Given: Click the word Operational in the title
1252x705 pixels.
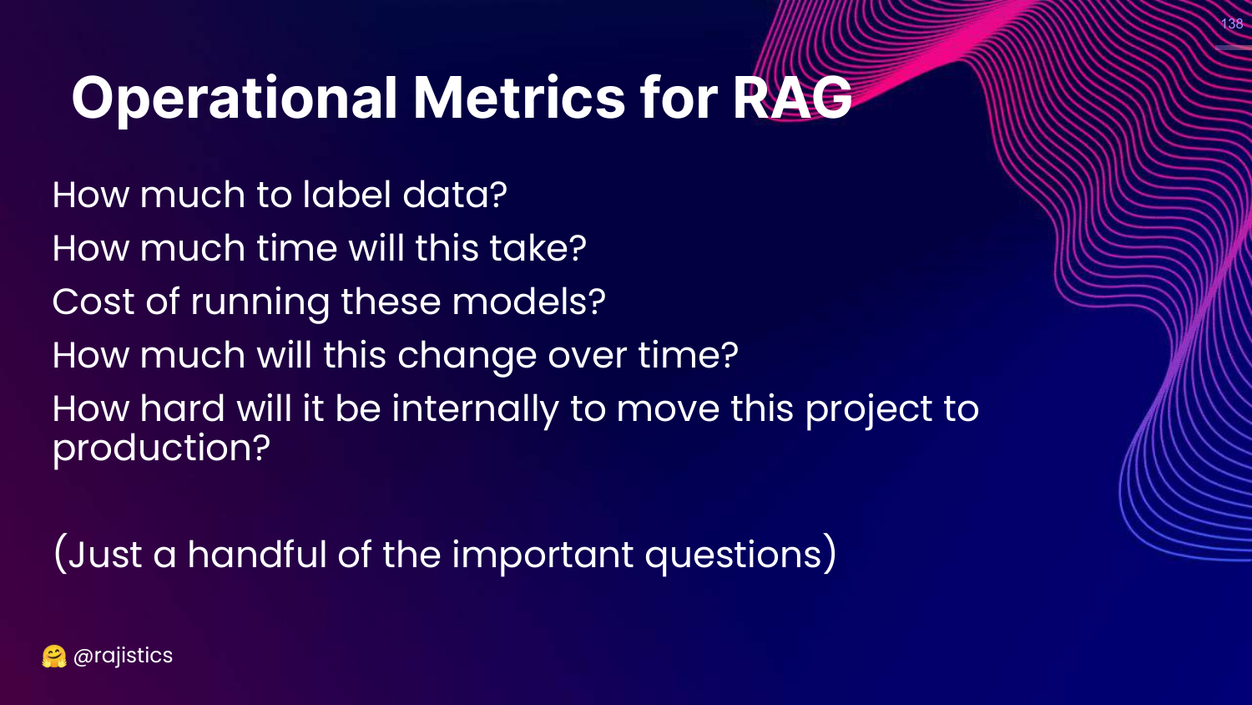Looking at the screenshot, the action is (x=235, y=99).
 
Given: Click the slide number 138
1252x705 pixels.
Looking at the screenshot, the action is (x=1232, y=23).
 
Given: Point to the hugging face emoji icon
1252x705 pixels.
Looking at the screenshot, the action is (x=54, y=657).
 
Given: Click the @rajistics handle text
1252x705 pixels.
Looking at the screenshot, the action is (x=123, y=656).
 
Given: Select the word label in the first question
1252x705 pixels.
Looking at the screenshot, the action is (x=346, y=194).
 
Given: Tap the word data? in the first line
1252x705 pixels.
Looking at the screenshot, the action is (x=454, y=195).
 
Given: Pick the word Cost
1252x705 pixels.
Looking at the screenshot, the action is (x=93, y=302).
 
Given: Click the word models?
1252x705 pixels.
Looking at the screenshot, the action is (x=528, y=302).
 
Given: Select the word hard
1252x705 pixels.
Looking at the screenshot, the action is (x=182, y=408).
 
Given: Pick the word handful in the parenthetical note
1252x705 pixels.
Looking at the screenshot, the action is (x=257, y=555).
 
